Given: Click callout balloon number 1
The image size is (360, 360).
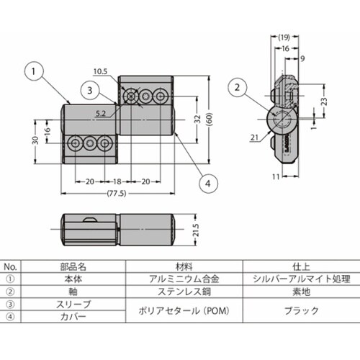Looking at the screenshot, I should (x=35, y=71).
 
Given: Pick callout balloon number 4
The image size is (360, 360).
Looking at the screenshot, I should (x=207, y=184).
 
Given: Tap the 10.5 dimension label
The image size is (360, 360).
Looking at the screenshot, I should (x=99, y=71).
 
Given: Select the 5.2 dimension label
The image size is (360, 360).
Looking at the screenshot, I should (x=102, y=112).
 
